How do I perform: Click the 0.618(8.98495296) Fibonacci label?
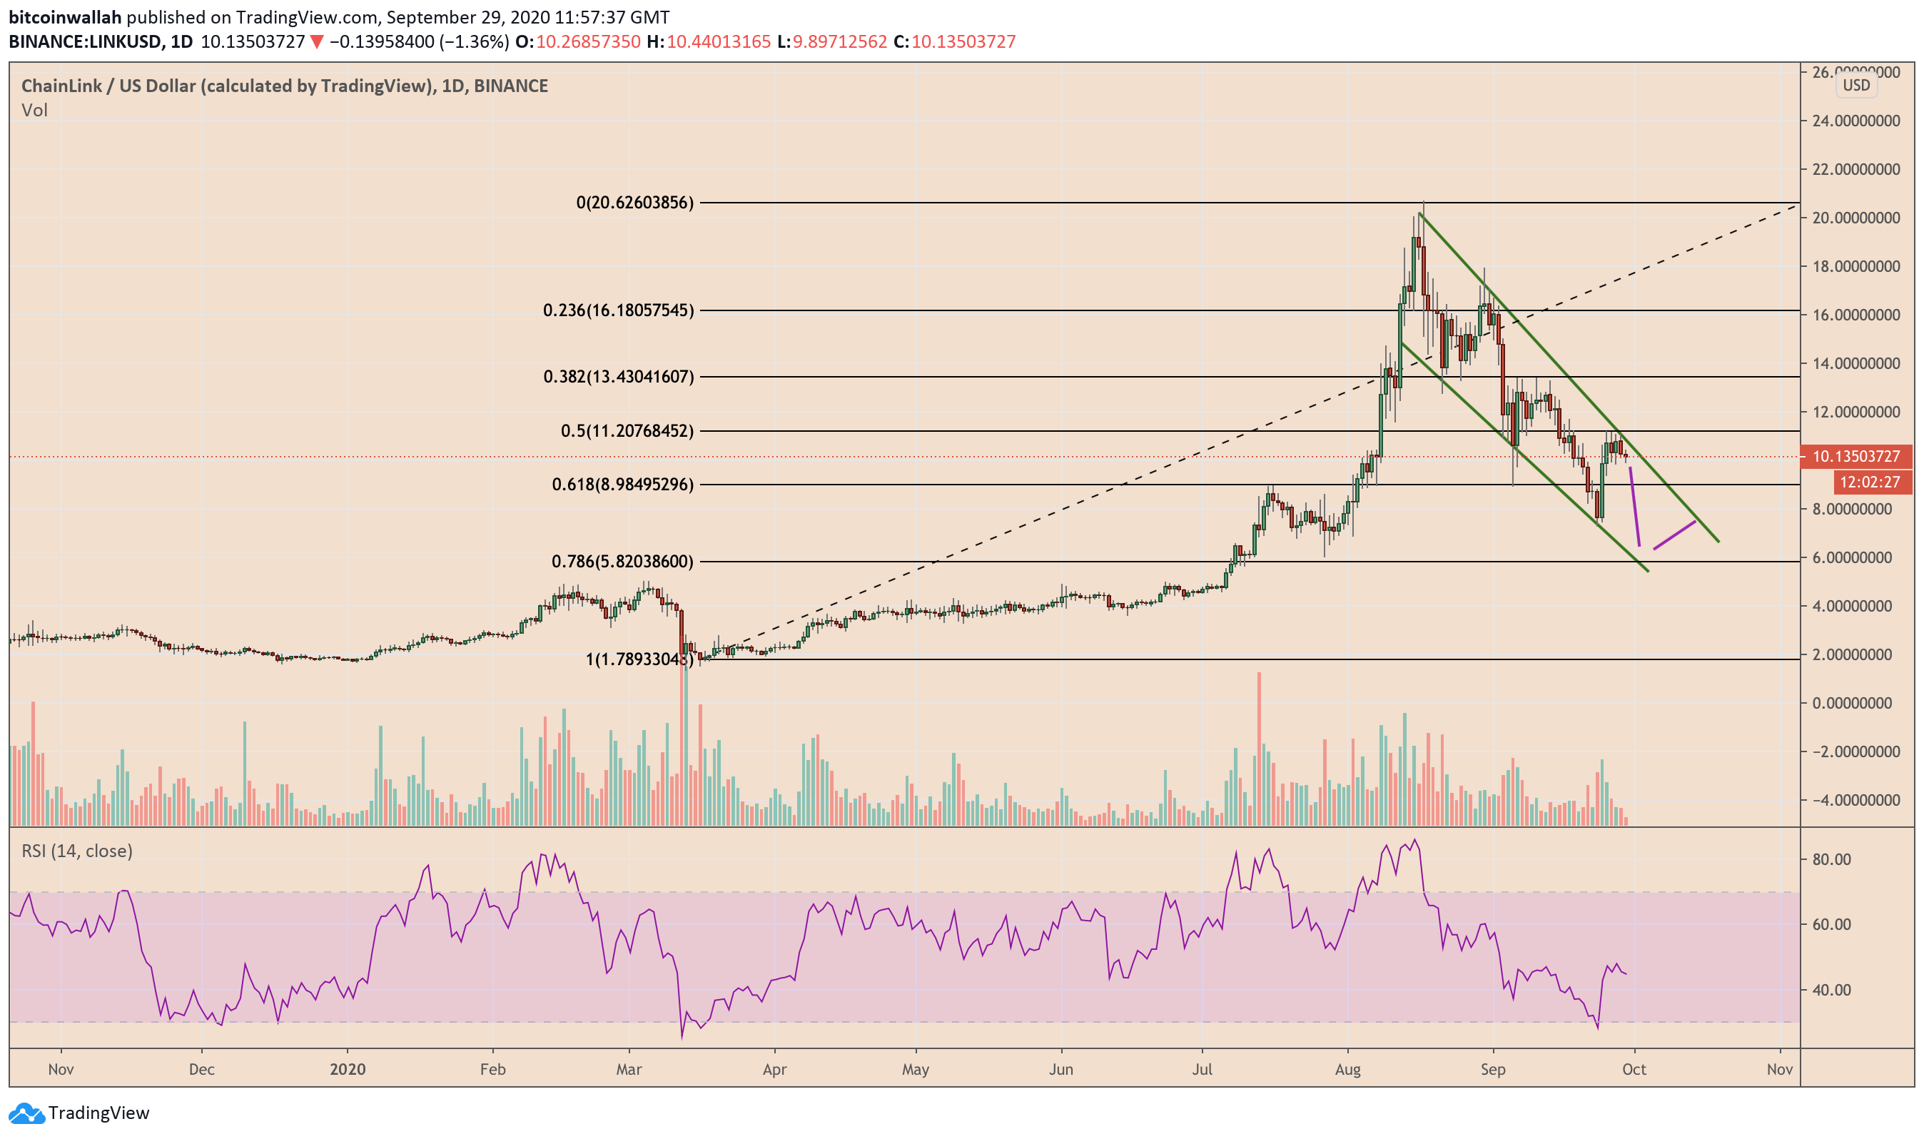(x=622, y=485)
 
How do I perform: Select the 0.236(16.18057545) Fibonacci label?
(x=618, y=311)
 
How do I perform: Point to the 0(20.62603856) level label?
(x=634, y=203)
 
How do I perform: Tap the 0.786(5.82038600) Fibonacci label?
(x=622, y=562)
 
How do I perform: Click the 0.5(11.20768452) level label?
(x=627, y=430)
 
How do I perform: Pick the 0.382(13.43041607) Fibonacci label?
(x=619, y=377)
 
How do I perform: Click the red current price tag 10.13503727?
(x=1855, y=457)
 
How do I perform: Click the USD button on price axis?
(x=1855, y=85)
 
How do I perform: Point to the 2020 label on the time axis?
(x=348, y=1069)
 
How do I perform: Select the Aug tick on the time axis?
(x=1347, y=1069)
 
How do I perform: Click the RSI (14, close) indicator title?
(x=77, y=851)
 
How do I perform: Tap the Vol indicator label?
(x=34, y=111)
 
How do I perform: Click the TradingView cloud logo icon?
(x=26, y=1113)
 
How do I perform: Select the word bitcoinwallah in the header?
(x=65, y=17)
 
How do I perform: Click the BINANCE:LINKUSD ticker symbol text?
(x=85, y=41)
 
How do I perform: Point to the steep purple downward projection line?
(x=1635, y=507)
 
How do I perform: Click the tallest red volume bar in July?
(x=1260, y=749)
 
